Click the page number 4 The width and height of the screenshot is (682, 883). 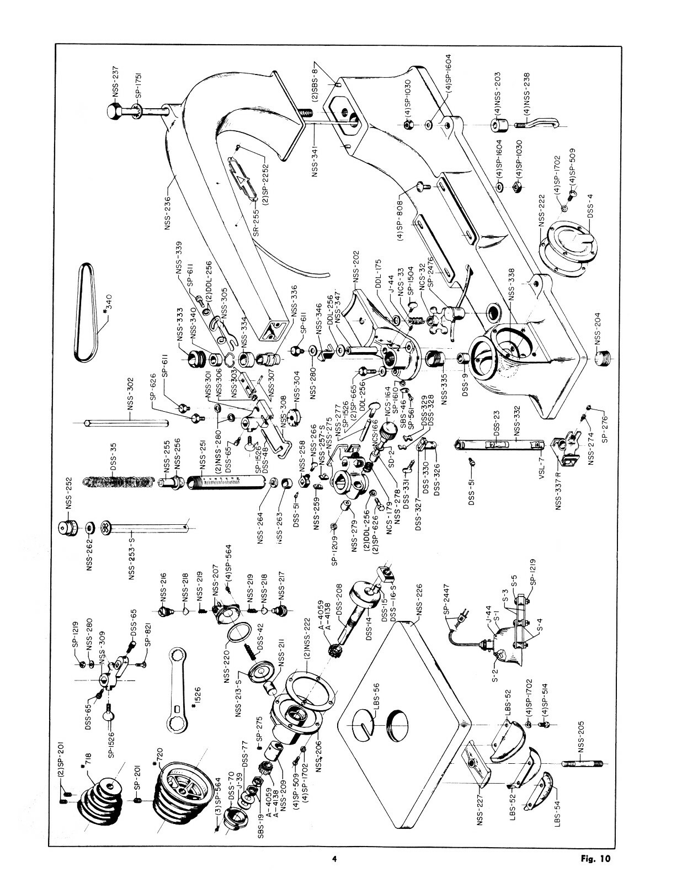(334, 859)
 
